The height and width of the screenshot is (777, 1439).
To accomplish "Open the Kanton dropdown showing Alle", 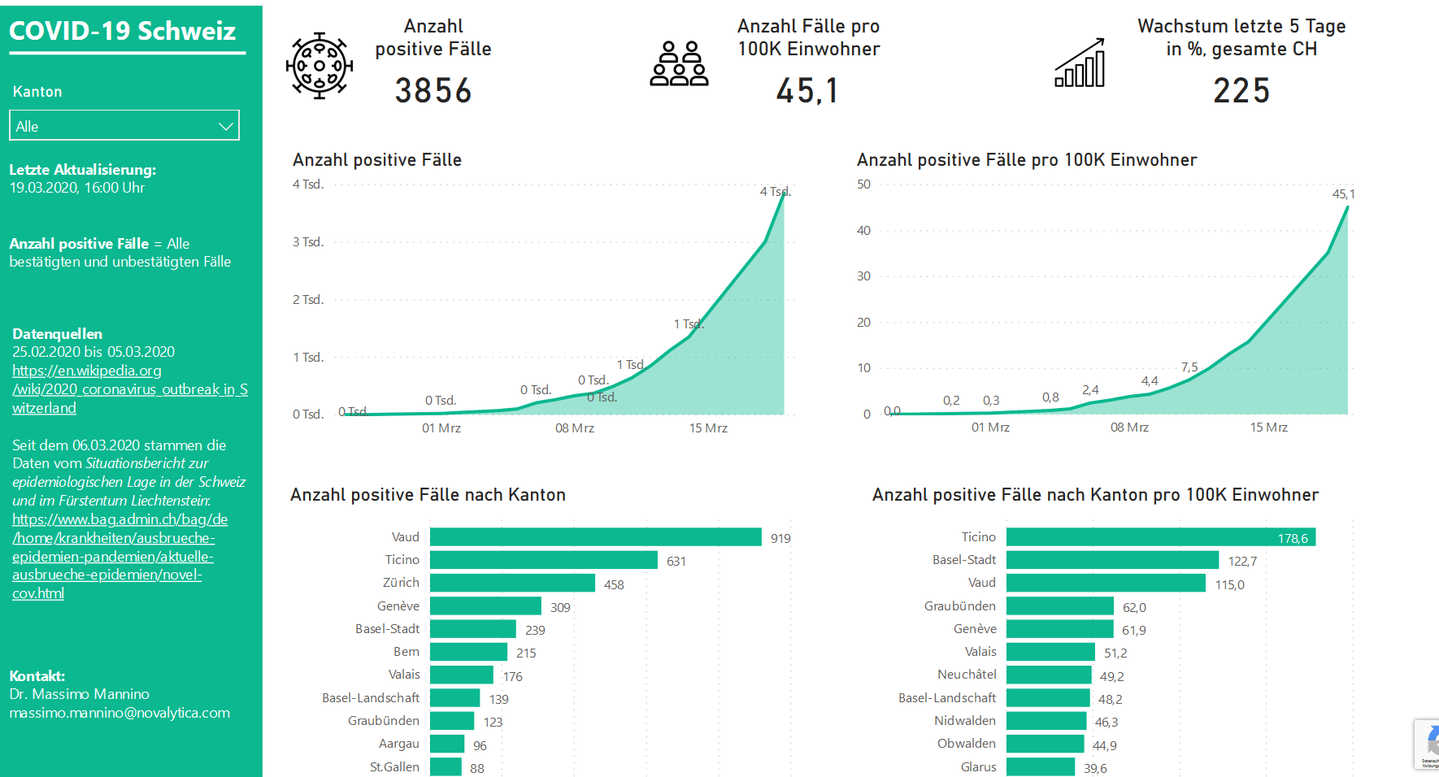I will coord(124,126).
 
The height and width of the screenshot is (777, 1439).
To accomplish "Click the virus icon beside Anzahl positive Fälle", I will coord(320,66).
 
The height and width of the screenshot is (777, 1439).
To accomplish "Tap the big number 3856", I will coord(433,90).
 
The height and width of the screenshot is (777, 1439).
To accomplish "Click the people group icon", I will coord(679,64).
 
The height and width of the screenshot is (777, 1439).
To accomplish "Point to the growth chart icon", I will coord(1080,63).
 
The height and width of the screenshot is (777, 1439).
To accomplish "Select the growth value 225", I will coord(1241,90).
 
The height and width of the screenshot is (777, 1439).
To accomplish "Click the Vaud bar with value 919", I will coord(595,537).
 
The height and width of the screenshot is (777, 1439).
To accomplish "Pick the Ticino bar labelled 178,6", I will coord(1160,537).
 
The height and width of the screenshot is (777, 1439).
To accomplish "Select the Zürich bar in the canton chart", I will coord(512,583).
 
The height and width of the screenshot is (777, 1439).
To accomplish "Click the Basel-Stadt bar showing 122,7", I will coord(1112,560).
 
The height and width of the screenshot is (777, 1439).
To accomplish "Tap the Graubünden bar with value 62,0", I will coord(1059,606).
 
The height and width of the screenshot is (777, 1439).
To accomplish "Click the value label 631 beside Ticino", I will coord(676,561).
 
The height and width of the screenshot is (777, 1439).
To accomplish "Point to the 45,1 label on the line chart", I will coord(1343,194).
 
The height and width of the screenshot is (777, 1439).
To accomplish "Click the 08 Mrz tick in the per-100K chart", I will coord(1129,428).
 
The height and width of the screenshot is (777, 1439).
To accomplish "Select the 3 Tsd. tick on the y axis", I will coord(308,242).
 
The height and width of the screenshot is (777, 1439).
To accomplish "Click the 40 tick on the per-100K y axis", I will coord(863,231).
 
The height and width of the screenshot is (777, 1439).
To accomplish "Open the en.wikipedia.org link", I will coord(87,371).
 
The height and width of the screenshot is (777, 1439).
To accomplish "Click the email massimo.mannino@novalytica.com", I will coord(120,713).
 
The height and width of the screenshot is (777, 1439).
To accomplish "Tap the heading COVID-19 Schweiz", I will coord(123,31).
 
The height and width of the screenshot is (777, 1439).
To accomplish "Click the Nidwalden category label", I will coord(964,721).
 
